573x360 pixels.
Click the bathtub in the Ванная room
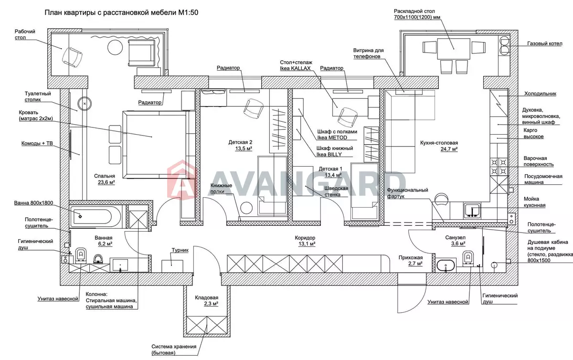pyautogui.click(x=95, y=217)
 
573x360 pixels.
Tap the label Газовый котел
pyautogui.click(x=545, y=43)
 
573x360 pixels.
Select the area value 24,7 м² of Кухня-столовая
pyautogui.click(x=449, y=149)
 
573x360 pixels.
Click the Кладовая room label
pyautogui.click(x=206, y=297)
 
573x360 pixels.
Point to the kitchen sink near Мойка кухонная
pyautogui.click(x=472, y=211)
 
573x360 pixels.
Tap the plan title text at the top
pyautogui.click(x=121, y=12)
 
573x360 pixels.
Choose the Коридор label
pyautogui.click(x=305, y=238)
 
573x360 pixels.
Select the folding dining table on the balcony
pyautogui.click(x=454, y=49)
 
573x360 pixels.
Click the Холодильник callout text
pyautogui.click(x=540, y=94)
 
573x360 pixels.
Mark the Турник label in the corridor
pyautogui.click(x=180, y=250)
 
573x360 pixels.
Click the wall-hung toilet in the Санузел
pyautogui.click(x=468, y=258)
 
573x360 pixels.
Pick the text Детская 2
pyautogui.click(x=240, y=142)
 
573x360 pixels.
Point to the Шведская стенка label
pyautogui.click(x=336, y=191)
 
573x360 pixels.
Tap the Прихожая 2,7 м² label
pyautogui.click(x=411, y=261)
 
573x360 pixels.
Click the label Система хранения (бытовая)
pyautogui.click(x=174, y=349)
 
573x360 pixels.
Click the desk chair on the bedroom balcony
pyautogui.click(x=72, y=57)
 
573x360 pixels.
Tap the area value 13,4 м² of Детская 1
pyautogui.click(x=333, y=175)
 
